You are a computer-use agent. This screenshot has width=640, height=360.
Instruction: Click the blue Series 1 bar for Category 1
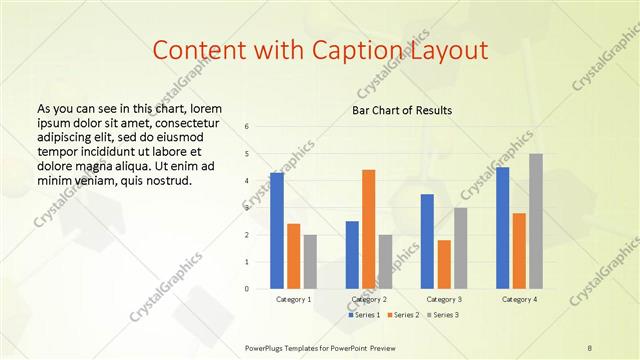pos(277,231)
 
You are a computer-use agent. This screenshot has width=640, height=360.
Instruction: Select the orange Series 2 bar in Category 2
pos(369,229)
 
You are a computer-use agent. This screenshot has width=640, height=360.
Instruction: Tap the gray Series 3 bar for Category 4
pos(536,221)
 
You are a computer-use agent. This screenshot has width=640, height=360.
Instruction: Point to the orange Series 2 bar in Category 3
pos(444,264)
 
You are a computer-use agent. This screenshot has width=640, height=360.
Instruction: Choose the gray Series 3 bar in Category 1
pos(310,261)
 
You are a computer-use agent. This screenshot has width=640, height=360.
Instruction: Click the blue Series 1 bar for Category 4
pos(502,228)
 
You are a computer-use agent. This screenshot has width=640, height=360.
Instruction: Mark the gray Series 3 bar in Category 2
pos(385,261)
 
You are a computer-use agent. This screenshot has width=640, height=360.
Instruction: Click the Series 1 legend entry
pos(363,315)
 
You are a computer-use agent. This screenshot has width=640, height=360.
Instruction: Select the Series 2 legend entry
pos(402,315)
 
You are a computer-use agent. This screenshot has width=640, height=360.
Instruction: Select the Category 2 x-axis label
pos(369,299)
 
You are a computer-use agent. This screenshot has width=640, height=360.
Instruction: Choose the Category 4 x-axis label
pos(519,299)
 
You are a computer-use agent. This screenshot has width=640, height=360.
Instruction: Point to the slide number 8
pos(590,347)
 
